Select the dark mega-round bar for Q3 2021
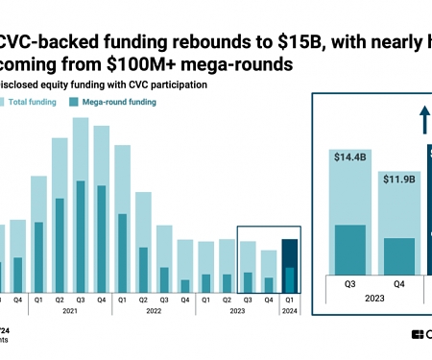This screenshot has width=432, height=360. [81, 235]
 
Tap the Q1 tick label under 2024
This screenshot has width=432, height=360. [290, 300]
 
